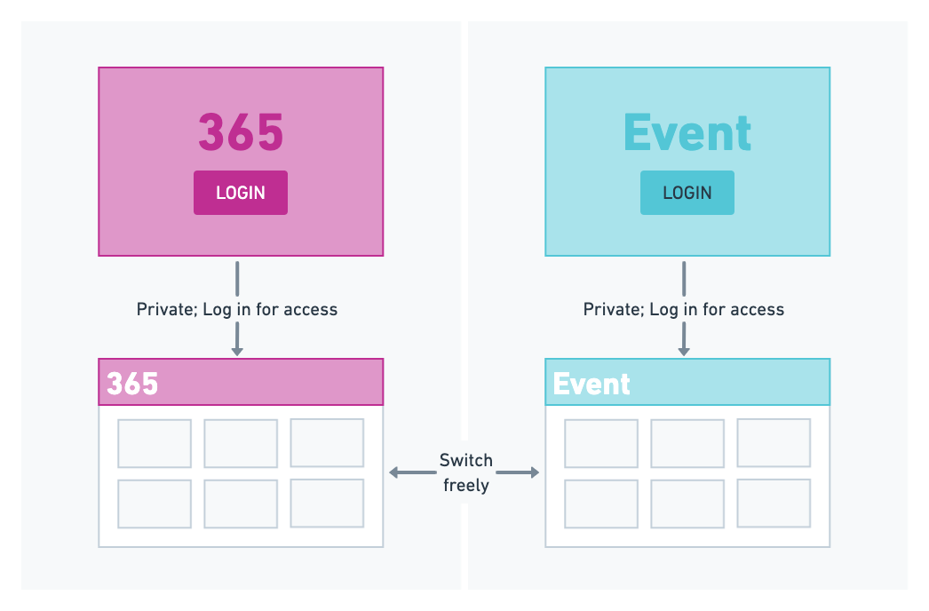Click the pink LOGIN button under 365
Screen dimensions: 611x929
241,193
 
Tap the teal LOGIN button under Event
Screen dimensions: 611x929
687,193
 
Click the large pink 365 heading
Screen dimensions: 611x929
241,132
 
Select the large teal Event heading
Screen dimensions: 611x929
687,132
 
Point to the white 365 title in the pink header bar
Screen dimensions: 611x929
132,384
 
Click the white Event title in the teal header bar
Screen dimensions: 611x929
592,384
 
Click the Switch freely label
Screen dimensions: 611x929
466,472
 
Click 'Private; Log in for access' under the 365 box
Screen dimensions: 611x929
237,310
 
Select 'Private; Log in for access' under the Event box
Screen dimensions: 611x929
684,310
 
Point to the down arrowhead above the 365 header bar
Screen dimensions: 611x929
237,351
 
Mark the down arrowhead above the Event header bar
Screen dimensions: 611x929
684,351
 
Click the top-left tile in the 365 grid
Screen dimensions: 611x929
155,443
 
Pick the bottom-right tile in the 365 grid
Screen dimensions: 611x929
327,504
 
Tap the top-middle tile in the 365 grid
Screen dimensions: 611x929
241,443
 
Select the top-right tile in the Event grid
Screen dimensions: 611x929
774,442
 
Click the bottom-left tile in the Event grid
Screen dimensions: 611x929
601,504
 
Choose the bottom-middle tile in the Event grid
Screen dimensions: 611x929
687,504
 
